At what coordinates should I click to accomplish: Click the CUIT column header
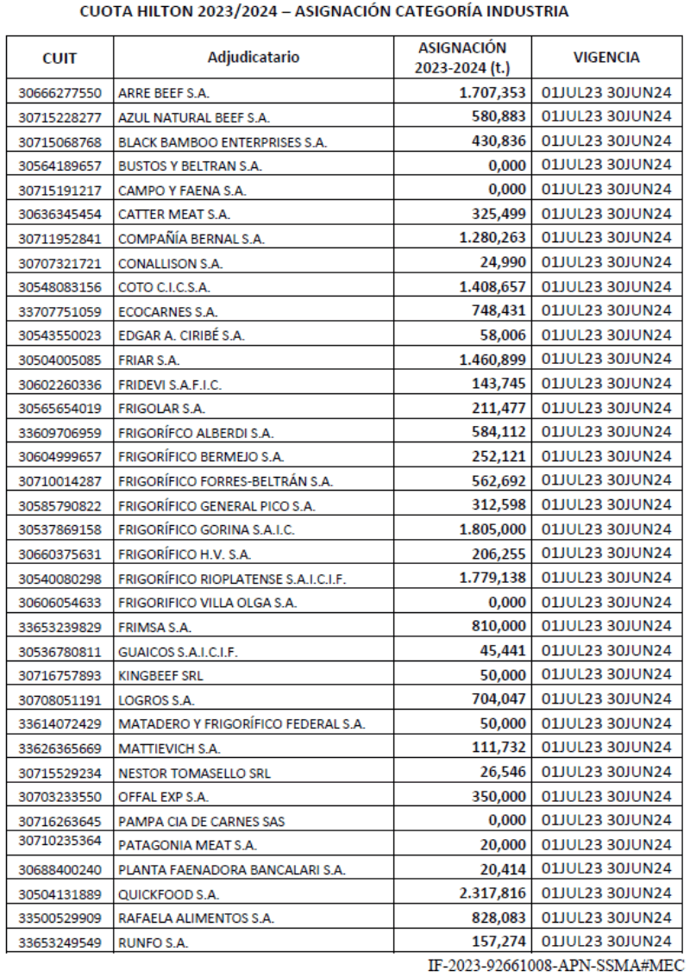59,58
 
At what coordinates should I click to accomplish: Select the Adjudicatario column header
254,58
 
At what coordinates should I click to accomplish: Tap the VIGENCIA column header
605,58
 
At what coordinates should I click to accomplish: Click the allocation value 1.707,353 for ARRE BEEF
489,91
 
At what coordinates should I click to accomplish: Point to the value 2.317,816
489,892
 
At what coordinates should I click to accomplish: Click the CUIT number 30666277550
59,92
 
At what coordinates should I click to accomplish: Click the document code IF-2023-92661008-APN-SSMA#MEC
555,964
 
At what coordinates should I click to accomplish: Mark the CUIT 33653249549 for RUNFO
59,943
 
